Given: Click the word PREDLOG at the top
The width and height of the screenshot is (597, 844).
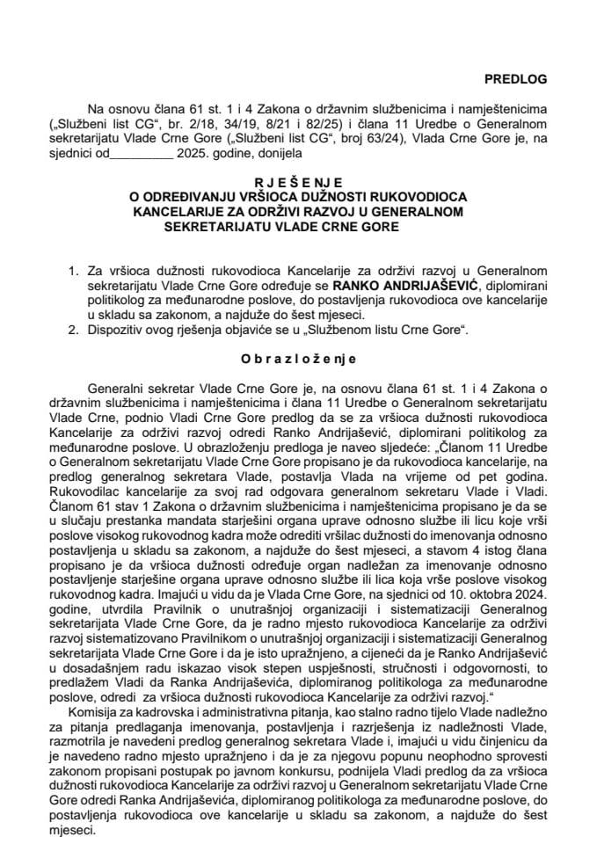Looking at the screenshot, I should (x=517, y=78).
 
